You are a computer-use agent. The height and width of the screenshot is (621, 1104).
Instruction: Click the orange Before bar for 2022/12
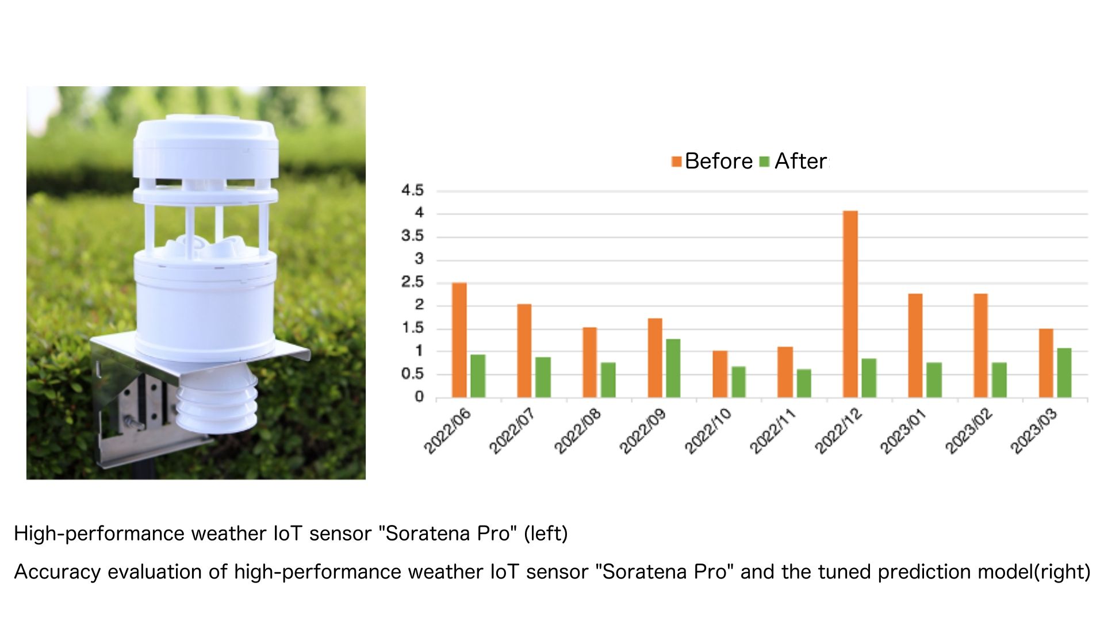click(x=850, y=304)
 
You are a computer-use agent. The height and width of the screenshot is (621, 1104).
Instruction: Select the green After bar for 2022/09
click(x=673, y=368)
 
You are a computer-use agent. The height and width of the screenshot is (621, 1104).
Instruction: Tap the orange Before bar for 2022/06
click(x=459, y=340)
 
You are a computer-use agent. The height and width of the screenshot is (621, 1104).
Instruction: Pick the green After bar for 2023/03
click(x=1064, y=373)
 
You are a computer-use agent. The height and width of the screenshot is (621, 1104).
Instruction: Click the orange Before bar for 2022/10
click(x=720, y=374)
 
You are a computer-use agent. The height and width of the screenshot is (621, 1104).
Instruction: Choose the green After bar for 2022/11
click(x=804, y=383)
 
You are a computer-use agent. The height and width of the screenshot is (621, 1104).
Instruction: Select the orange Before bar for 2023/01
click(x=915, y=346)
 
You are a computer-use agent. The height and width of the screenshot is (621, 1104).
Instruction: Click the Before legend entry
click(x=712, y=161)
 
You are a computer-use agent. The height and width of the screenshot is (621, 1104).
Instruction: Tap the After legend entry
click(x=793, y=161)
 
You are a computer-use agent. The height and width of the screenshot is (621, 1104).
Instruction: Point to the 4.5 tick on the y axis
click(x=412, y=190)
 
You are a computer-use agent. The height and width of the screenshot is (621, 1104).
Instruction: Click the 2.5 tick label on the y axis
click(x=412, y=282)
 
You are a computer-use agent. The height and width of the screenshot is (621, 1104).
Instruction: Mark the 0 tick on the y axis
click(x=419, y=397)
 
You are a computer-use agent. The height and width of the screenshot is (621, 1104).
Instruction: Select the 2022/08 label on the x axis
click(x=578, y=431)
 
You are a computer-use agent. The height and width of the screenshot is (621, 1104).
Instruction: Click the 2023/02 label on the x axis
click(x=969, y=431)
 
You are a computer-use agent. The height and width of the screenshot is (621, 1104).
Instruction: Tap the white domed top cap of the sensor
click(x=206, y=147)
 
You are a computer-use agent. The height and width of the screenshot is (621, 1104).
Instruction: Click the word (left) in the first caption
click(x=546, y=534)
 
